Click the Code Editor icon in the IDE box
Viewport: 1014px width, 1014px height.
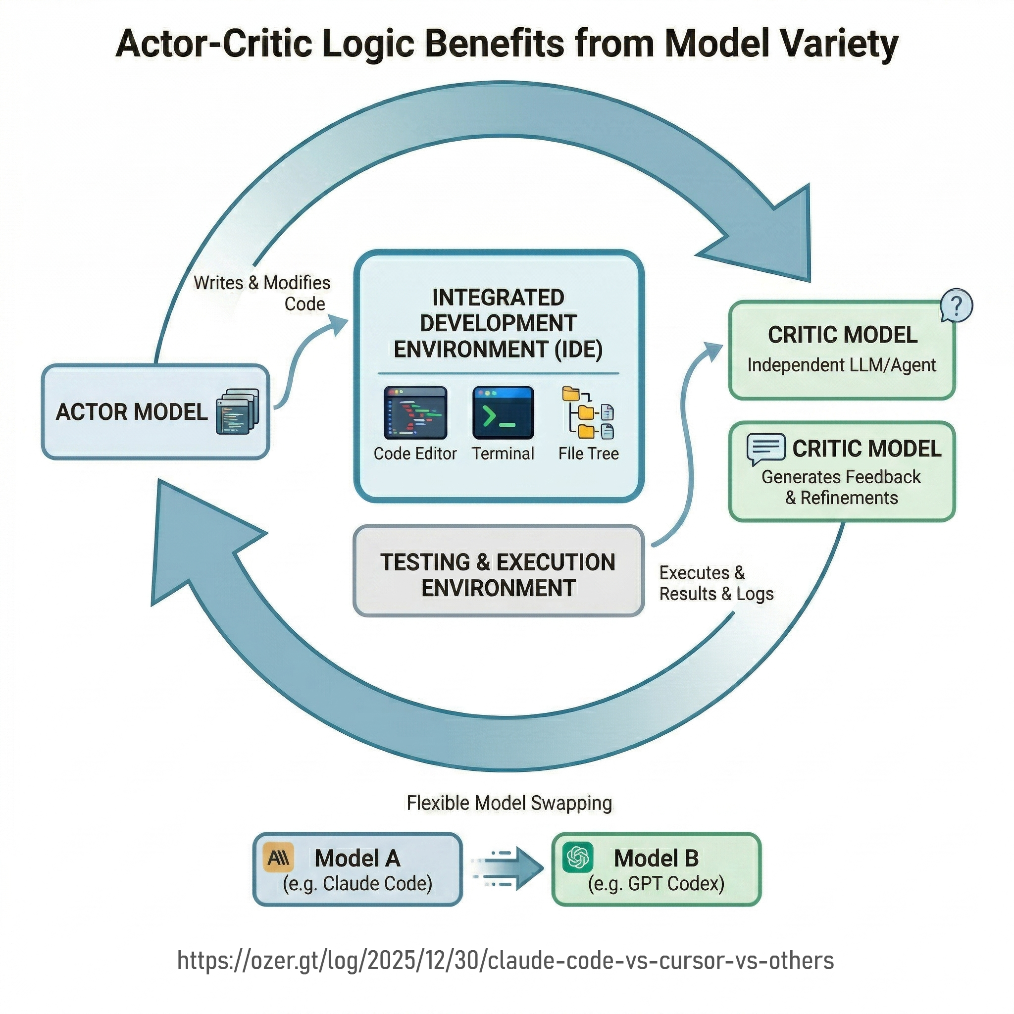[415, 413]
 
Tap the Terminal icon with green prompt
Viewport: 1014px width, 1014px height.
[503, 413]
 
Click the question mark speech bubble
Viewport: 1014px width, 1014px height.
[956, 305]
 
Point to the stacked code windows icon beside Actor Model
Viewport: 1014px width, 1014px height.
[237, 411]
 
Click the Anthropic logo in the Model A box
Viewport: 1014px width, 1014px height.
[278, 858]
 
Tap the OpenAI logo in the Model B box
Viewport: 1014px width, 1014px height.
[577, 858]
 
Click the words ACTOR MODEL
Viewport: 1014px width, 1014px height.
[132, 412]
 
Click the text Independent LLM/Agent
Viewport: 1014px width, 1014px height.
[841, 365]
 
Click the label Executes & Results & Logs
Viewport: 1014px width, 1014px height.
[716, 583]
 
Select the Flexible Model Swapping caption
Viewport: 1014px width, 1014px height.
[509, 803]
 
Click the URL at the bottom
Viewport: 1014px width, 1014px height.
[506, 960]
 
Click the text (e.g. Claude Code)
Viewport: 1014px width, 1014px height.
[357, 883]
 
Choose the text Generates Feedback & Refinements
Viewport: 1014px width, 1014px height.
[841, 487]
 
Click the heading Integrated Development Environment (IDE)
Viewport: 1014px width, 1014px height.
[498, 323]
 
